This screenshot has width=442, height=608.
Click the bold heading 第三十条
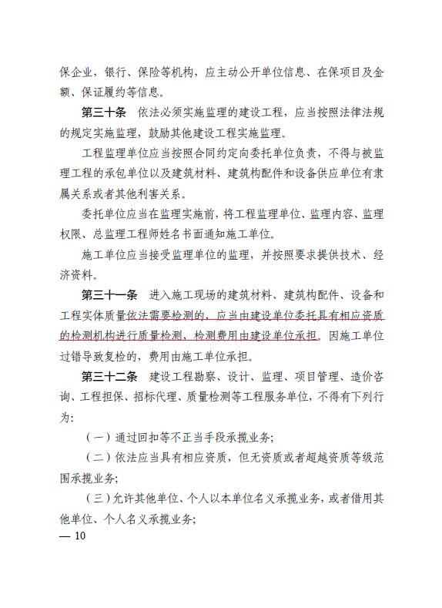tap(104, 113)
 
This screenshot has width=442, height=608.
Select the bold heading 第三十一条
tap(110, 295)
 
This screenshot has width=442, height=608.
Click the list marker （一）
tap(96, 438)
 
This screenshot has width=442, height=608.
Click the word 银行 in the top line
tap(120, 73)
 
